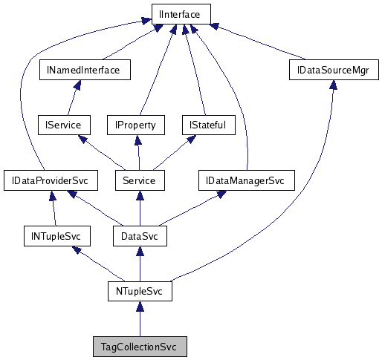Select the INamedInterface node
(x=84, y=70)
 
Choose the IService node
(x=63, y=125)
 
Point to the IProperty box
(x=135, y=125)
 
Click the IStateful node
(x=208, y=125)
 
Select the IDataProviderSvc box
(x=46, y=180)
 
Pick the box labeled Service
(x=139, y=180)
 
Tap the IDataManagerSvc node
(x=246, y=180)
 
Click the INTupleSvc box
(x=56, y=236)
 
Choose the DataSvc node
(x=139, y=236)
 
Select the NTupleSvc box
(x=139, y=292)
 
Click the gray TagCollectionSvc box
(x=139, y=347)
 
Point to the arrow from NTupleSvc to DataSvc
(x=139, y=264)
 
